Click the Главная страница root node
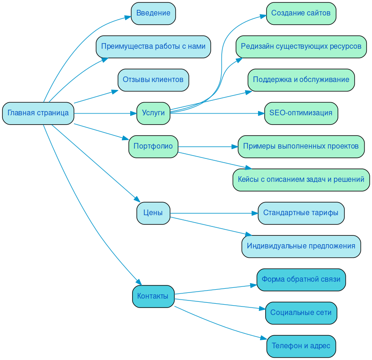click(38, 113)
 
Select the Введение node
click(153, 13)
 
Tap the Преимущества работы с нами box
click(153, 46)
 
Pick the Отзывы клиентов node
click(153, 80)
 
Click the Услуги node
click(153, 113)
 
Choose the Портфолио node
click(153, 146)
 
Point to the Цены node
click(153, 213)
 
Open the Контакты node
click(153, 296)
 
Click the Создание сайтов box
click(301, 13)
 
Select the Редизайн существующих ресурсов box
click(301, 46)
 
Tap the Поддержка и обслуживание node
click(301, 80)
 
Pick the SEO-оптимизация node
click(301, 113)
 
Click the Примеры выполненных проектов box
click(301, 146)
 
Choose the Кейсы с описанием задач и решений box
click(301, 180)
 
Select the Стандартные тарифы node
click(301, 213)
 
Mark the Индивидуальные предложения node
click(301, 246)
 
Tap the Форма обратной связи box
click(301, 279)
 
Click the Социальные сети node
click(301, 313)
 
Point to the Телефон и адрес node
click(301, 346)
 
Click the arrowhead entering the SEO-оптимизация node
click(261, 113)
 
